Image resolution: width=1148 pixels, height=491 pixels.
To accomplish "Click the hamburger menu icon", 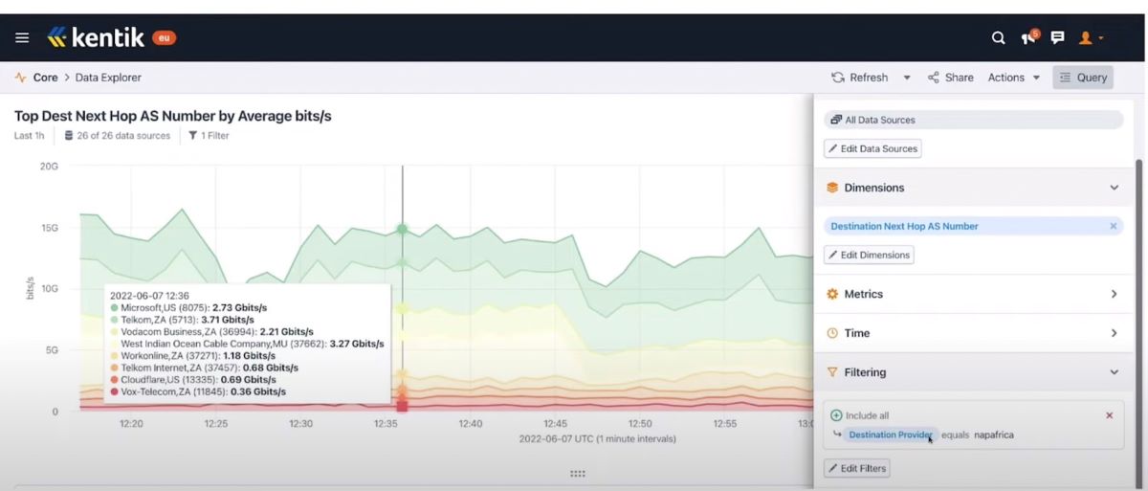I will (22, 38).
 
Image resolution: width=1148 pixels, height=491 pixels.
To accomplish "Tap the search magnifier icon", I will (998, 38).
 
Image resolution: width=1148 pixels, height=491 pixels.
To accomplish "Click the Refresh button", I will (859, 78).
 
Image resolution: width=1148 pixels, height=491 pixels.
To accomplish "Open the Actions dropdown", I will (1013, 78).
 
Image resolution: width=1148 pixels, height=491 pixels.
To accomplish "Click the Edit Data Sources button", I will (872, 148).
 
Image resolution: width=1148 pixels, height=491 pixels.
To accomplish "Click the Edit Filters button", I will (856, 468).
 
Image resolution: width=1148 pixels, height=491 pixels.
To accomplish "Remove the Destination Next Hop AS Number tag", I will (1113, 227).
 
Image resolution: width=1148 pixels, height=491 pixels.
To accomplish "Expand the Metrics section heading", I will (972, 294).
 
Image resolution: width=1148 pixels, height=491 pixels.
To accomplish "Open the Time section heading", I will (972, 333).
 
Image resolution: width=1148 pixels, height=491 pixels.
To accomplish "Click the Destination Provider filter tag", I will (890, 435).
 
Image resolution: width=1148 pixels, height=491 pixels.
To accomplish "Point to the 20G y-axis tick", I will (49, 167).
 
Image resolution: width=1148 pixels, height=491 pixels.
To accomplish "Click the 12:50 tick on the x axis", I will (640, 423).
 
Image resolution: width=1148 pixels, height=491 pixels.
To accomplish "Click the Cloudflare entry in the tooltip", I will (205, 380).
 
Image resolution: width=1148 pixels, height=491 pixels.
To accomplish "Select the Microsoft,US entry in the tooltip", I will (188, 307).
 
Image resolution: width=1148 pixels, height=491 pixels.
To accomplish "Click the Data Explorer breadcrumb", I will (108, 78).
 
